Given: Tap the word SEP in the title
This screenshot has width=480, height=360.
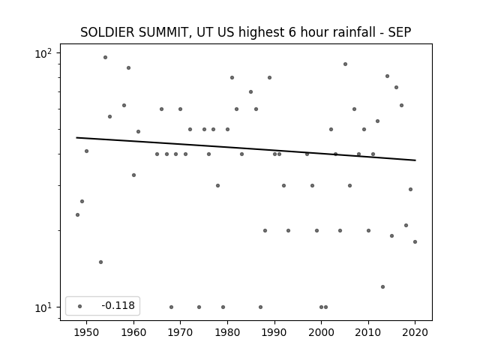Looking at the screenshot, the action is point(400,32).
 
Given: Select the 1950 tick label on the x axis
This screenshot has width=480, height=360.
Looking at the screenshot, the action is point(87,332).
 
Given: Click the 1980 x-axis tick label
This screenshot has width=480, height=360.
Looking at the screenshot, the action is point(227,332).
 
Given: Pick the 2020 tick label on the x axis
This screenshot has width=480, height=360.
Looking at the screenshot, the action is point(415,332).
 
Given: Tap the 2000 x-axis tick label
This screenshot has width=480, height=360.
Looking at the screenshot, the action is point(322,332).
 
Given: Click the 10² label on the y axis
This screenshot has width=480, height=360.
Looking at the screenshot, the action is point(43,53).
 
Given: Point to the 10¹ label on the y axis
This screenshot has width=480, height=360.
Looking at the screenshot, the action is point(43,307).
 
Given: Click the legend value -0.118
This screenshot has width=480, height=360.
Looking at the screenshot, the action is point(118,305).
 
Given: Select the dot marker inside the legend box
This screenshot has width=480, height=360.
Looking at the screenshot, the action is point(80,306).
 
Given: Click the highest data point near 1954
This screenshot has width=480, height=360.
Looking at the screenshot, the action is point(105,57).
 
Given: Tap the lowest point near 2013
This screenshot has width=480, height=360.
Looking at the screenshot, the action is point(382,286).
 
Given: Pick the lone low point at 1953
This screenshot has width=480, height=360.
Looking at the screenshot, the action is point(100,262).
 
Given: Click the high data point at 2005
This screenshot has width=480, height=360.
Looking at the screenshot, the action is point(345,64).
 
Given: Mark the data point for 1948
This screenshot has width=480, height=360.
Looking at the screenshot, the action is point(77,215).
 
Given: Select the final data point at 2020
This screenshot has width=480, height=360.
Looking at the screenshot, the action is point(415,241).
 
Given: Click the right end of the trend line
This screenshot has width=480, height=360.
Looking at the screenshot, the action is point(415,160).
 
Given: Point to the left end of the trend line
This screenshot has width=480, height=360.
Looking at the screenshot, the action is point(76,138).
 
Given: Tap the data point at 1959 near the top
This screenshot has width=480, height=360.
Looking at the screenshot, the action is point(128,68).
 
